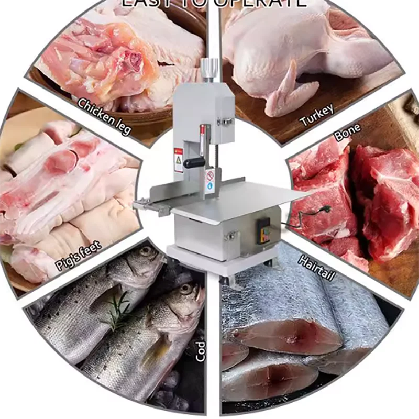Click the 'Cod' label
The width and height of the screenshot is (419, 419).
200,351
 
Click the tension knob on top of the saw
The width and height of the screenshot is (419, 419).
209,69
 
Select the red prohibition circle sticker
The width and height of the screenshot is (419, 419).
211,174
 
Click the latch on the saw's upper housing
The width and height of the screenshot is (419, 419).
225,122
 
